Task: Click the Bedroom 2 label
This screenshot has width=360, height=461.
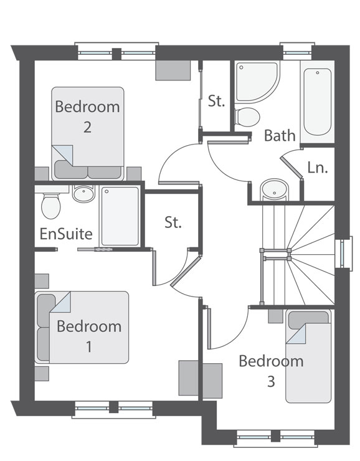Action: pos(87,116)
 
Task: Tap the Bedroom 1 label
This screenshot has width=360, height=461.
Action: pos(88,336)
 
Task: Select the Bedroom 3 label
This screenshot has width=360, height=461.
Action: pos(271,371)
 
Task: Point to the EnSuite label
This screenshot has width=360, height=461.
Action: pos(66,235)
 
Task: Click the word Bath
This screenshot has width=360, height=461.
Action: pos(280,136)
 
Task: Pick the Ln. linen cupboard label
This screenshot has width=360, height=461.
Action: pos(318,168)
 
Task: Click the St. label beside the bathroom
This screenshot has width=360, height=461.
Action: pos(216,102)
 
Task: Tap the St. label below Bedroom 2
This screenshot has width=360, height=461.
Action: pos(173,222)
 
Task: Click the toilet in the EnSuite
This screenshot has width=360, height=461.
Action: pos(50,204)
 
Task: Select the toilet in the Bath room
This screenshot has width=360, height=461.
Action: pos(247,116)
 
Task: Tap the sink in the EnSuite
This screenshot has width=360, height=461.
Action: pos(83,194)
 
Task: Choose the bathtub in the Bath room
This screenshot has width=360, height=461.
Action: pos(316,102)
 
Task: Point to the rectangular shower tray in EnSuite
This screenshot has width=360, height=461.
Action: pos(120,216)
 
